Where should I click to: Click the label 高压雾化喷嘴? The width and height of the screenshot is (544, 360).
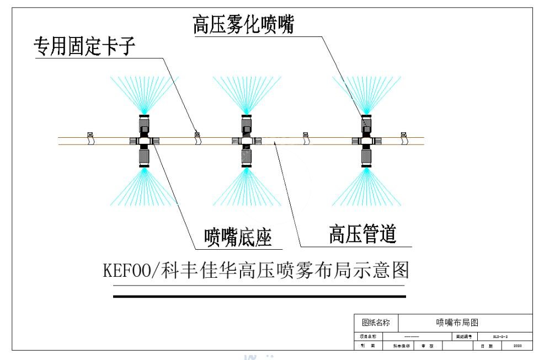(x=243, y=25)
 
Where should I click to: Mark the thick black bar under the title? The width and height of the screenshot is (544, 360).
(x=259, y=296)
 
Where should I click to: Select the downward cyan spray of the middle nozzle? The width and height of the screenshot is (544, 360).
(x=246, y=187)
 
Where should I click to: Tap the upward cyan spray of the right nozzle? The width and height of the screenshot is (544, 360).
(x=366, y=94)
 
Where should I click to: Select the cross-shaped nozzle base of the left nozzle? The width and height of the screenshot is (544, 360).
(x=145, y=141)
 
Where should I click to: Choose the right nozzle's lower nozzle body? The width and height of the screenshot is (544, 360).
(x=366, y=157)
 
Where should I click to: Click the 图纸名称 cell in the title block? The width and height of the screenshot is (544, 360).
(x=375, y=323)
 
